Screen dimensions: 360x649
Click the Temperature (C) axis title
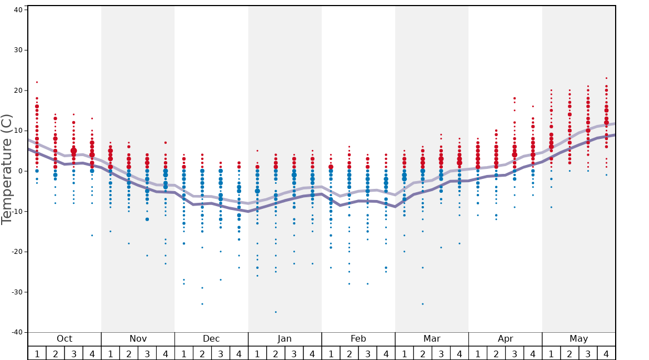point(7,169)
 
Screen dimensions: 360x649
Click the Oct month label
point(64,339)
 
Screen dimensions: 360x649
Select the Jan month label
point(284,339)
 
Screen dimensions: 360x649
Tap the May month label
point(578,339)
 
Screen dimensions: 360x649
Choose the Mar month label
point(432,339)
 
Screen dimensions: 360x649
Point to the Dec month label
point(211,339)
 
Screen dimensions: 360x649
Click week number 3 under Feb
point(367,353)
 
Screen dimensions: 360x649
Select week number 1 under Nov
point(111,353)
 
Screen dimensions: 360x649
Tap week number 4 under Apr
point(533,353)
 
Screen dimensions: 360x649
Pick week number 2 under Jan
point(276,353)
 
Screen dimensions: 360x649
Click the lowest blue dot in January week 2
point(276,312)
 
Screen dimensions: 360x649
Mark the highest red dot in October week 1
point(37,82)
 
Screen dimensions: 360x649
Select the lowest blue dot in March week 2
point(422,304)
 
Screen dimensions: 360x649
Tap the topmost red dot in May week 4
point(606,78)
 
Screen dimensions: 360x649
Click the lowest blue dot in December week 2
point(202,304)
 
